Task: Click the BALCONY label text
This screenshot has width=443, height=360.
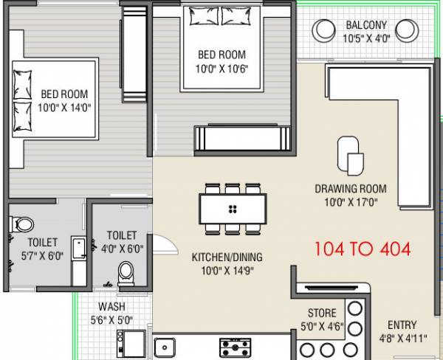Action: (x=365, y=26)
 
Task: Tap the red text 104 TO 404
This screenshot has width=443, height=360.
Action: (x=362, y=248)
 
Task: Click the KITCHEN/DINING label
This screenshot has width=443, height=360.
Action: (x=227, y=257)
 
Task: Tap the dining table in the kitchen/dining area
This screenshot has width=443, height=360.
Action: (x=232, y=208)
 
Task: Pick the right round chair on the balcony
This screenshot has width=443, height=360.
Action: (x=405, y=30)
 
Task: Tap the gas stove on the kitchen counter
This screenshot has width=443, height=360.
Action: (x=235, y=347)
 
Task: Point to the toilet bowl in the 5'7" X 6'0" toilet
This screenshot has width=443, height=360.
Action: (x=24, y=223)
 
